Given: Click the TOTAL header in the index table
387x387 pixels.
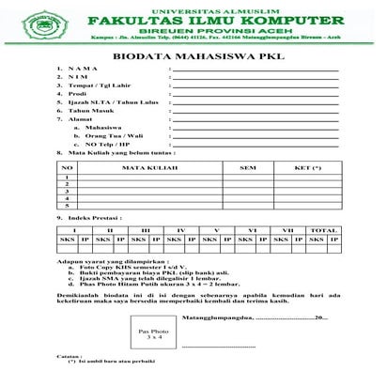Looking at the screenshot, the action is click(x=323, y=229).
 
